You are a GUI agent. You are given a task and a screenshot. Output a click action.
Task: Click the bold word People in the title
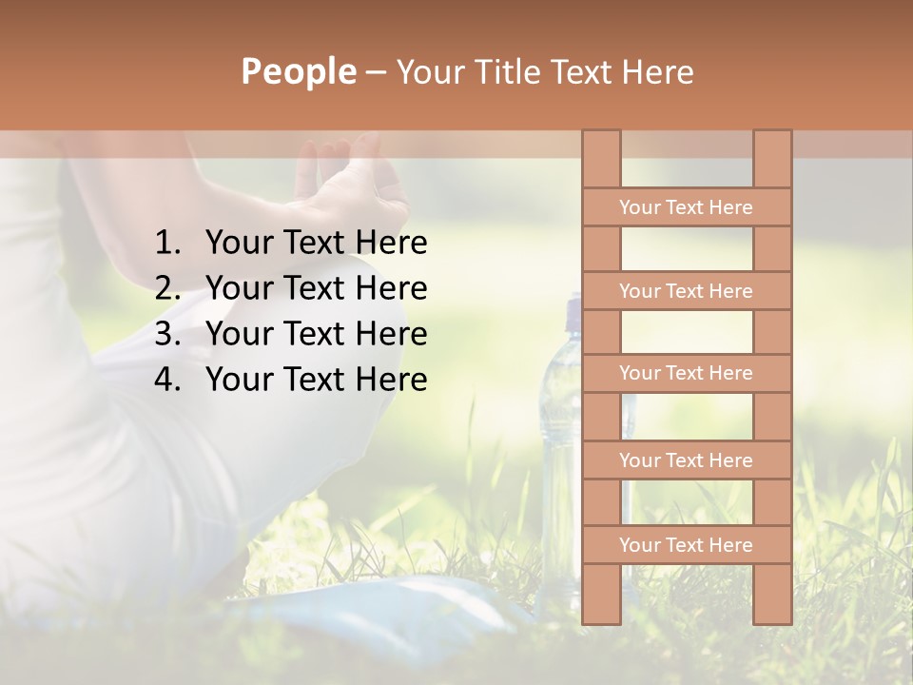[298, 71]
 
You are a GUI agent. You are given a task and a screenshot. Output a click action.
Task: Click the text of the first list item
[316, 244]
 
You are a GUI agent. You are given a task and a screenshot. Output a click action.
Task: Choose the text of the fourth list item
[316, 380]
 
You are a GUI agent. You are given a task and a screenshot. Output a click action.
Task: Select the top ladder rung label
[686, 207]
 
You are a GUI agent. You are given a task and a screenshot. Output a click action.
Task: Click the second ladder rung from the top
[686, 291]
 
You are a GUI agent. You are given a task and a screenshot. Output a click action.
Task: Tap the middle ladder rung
[686, 373]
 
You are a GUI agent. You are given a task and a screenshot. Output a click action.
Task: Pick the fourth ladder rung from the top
[686, 460]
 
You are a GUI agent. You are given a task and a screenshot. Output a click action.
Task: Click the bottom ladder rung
[686, 545]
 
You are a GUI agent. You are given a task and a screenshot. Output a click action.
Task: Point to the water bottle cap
[573, 309]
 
